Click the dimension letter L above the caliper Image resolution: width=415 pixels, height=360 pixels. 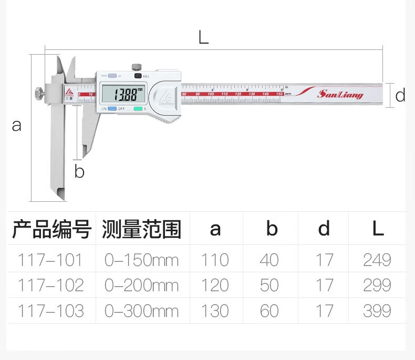(x=203, y=37)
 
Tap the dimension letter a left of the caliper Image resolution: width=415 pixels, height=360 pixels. (x=17, y=126)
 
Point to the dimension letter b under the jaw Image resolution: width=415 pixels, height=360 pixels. (x=79, y=171)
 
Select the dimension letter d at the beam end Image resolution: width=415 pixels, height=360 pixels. (x=400, y=95)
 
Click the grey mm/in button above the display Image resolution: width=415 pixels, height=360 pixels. (x=111, y=76)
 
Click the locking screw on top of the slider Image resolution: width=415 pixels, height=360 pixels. (x=136, y=66)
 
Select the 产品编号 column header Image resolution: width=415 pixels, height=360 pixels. (x=52, y=229)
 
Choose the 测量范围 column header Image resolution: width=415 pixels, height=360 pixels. (x=142, y=229)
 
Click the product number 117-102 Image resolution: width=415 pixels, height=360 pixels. (x=50, y=285)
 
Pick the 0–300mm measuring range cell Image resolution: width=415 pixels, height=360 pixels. (x=142, y=311)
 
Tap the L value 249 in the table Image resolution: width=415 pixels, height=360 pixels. (x=377, y=260)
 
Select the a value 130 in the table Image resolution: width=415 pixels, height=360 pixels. (x=215, y=311)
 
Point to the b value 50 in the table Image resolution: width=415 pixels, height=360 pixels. (x=269, y=285)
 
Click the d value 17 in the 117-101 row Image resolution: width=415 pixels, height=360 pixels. (x=324, y=260)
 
